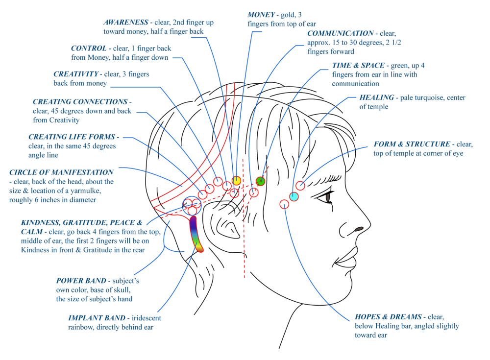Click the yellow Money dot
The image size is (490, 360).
(x=236, y=181)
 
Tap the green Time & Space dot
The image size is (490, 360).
(x=261, y=181)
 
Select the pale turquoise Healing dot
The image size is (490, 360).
(x=294, y=196)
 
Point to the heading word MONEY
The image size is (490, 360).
(x=261, y=15)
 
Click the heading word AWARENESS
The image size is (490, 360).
(x=126, y=23)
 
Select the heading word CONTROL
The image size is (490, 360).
(x=89, y=48)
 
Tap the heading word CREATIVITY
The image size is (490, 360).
(x=76, y=74)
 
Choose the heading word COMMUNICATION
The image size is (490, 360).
(x=340, y=34)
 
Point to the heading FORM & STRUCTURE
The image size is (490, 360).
(x=412, y=144)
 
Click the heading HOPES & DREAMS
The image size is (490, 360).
(x=388, y=317)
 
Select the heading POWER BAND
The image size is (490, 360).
(x=81, y=281)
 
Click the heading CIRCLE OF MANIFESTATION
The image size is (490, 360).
(x=61, y=172)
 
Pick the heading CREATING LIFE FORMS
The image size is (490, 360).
(x=72, y=137)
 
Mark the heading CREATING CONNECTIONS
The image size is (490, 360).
(x=79, y=102)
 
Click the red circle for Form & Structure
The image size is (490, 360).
(x=300, y=186)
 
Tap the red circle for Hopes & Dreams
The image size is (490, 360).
(x=285, y=204)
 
